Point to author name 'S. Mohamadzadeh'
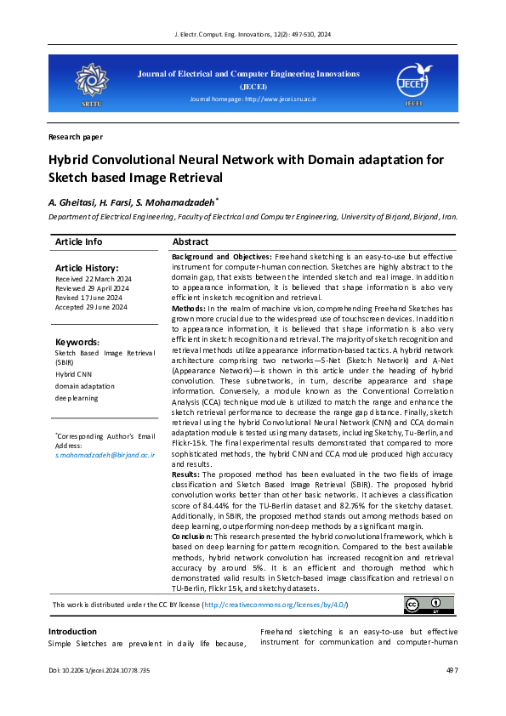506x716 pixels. (x=180, y=202)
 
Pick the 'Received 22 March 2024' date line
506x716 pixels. (x=90, y=278)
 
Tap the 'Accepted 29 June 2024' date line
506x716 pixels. (x=90, y=307)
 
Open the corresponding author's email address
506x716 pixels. (x=105, y=455)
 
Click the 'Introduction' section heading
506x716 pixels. (x=72, y=632)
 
